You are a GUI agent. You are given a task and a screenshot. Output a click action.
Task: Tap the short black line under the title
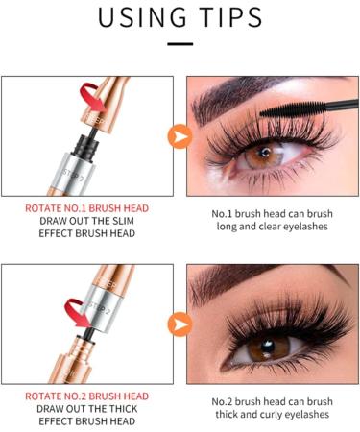click(180, 42)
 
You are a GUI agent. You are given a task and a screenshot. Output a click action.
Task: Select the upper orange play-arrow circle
click(180, 136)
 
